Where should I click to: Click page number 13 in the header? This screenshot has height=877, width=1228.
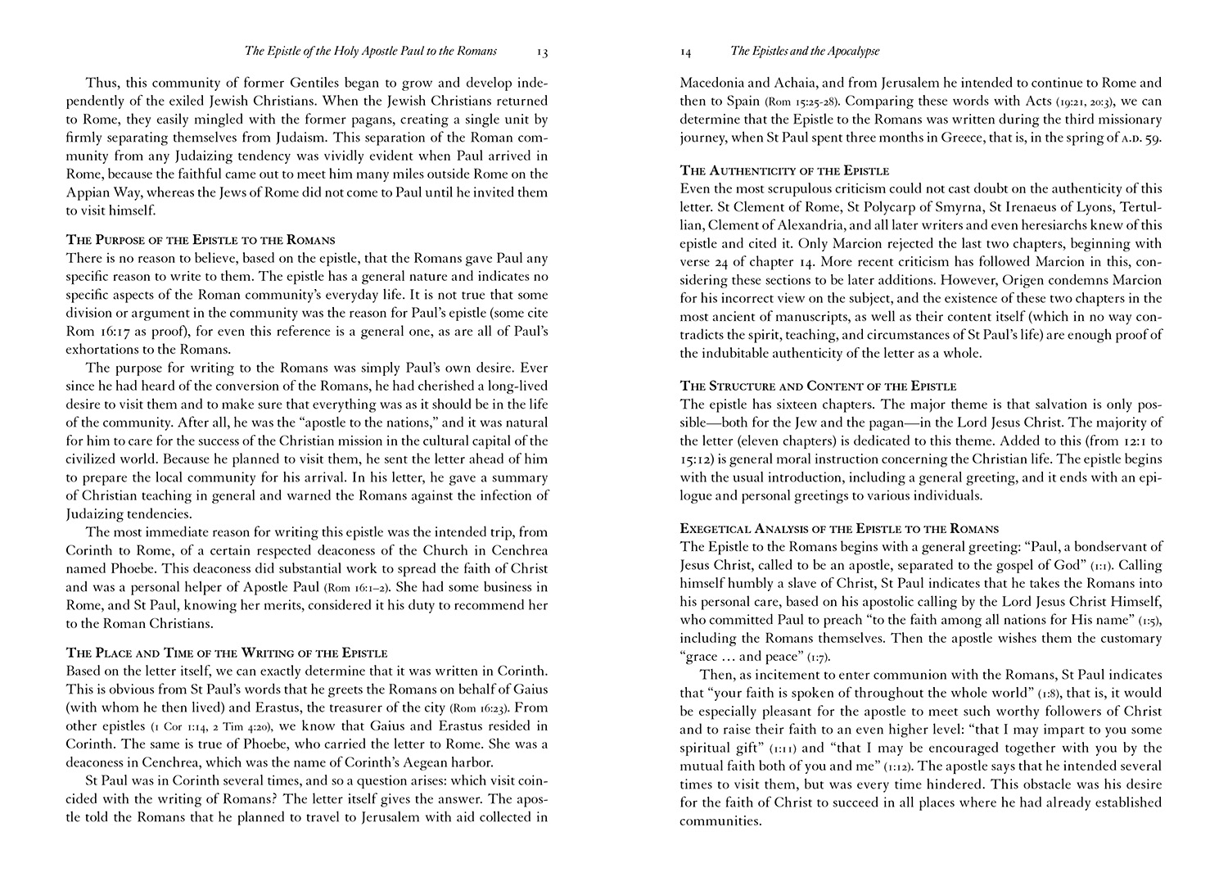click(543, 52)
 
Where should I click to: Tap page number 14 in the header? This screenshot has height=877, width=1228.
click(686, 52)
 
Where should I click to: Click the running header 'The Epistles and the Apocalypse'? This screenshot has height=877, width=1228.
click(805, 51)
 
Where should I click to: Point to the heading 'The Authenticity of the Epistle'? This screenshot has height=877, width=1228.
click(785, 170)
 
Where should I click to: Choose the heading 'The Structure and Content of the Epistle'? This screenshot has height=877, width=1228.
click(819, 386)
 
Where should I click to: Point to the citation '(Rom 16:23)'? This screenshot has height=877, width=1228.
click(481, 707)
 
